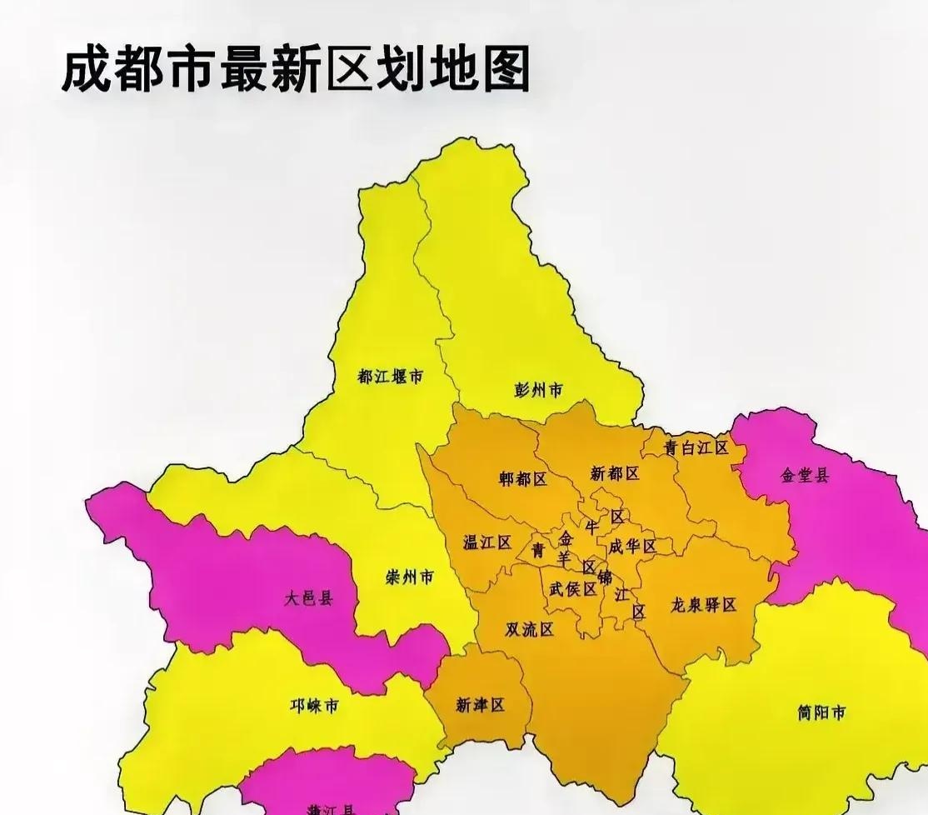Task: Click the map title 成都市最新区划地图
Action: click(296, 70)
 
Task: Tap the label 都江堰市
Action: click(390, 377)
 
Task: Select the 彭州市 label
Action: click(538, 389)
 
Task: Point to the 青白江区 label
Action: click(696, 447)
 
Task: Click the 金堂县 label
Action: click(805, 476)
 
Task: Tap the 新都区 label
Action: click(615, 473)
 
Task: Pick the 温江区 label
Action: click(486, 542)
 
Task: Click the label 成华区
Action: click(631, 547)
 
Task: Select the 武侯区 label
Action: click(572, 588)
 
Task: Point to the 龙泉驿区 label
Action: click(704, 605)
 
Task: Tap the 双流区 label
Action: click(529, 629)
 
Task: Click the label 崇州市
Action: click(409, 577)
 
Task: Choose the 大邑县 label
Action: click(307, 597)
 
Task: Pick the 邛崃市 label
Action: click(314, 707)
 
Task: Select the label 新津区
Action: click(481, 705)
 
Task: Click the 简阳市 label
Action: click(821, 712)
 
